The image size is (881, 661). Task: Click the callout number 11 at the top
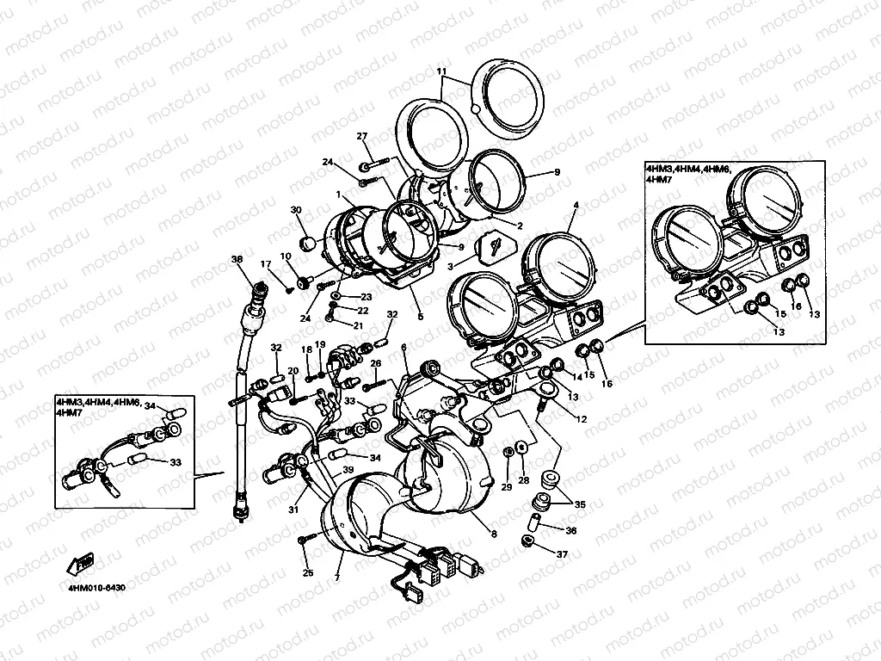[441, 71]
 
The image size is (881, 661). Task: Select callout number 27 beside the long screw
[362, 137]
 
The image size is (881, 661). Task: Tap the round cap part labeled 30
[306, 244]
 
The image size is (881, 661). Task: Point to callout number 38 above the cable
[237, 259]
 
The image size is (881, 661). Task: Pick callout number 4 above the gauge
[576, 205]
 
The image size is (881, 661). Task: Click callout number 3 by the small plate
[448, 269]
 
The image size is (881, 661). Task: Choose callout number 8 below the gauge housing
[494, 534]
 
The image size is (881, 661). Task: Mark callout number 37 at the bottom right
[562, 554]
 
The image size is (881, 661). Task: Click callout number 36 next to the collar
[570, 530]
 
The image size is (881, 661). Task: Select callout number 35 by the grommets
[579, 503]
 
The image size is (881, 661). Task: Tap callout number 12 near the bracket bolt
[582, 419]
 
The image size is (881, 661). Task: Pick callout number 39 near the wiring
[348, 469]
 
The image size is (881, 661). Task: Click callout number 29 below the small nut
[507, 488]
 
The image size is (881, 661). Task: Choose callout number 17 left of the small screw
[266, 264]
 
